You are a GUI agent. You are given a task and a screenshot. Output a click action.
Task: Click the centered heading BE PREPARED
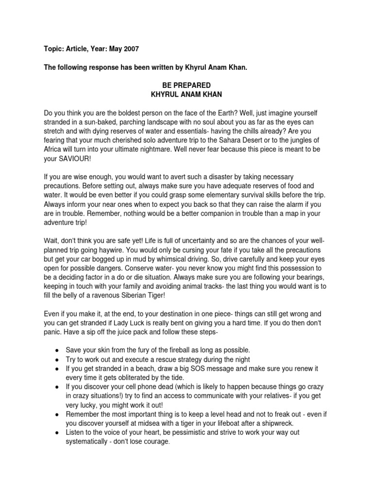point(186,85)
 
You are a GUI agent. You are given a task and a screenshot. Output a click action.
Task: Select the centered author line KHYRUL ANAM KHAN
point(186,94)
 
